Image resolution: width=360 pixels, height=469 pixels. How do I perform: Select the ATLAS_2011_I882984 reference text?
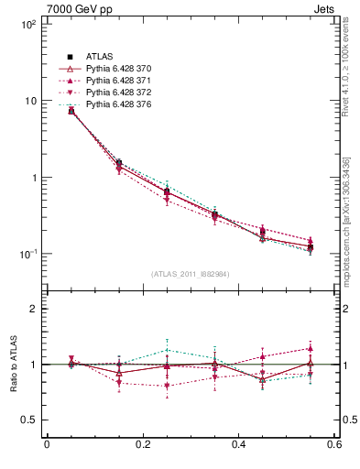[191, 274]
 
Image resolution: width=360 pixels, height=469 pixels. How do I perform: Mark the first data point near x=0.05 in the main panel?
[71, 111]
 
